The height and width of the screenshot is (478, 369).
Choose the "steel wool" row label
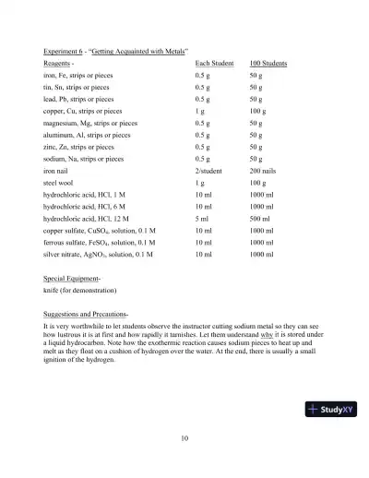61,184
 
